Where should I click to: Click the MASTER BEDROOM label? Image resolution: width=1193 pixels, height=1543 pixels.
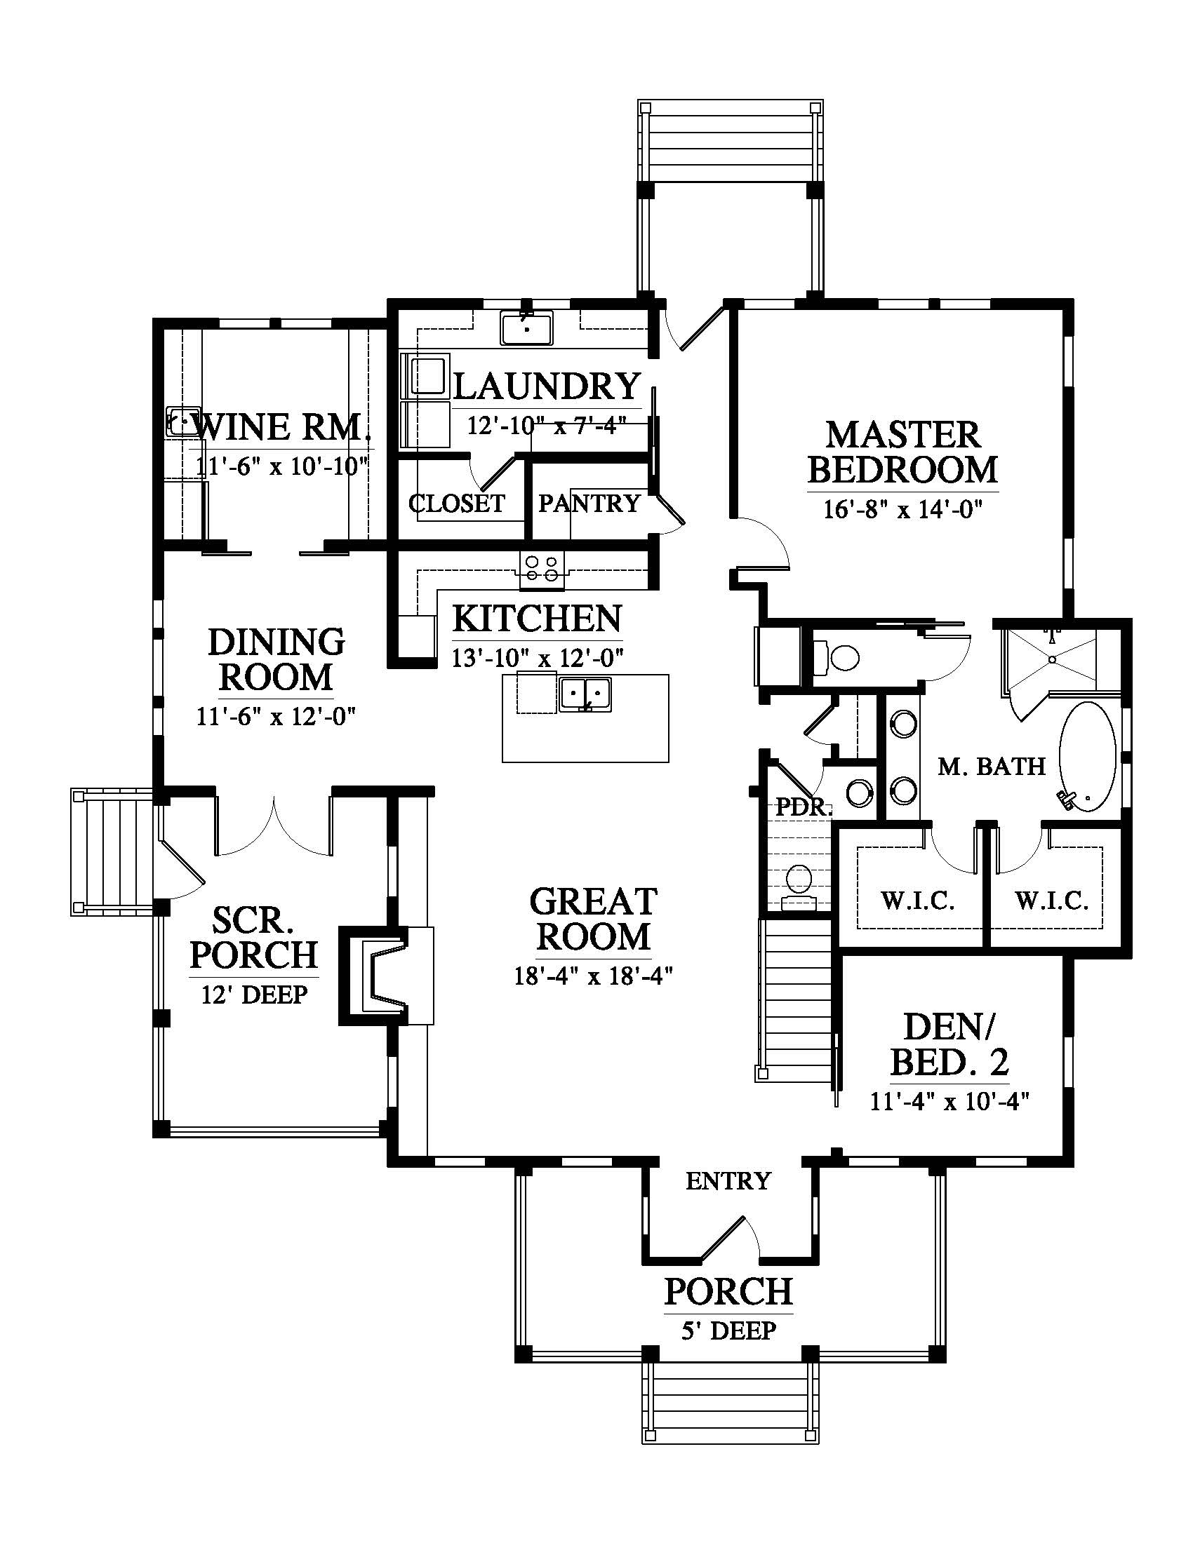(x=902, y=452)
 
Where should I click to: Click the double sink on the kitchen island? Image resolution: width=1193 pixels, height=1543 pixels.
(x=585, y=694)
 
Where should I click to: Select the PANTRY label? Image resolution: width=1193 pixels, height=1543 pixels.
(x=589, y=503)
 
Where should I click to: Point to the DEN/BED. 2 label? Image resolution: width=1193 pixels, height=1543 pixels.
(x=949, y=1044)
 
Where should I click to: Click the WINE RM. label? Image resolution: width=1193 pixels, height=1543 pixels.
(x=281, y=426)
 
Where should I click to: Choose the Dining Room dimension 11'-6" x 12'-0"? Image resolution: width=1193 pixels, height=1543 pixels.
(x=276, y=716)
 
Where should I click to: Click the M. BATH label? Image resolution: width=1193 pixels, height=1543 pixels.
(x=992, y=766)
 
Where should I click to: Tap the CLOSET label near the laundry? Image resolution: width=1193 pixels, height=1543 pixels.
(x=457, y=503)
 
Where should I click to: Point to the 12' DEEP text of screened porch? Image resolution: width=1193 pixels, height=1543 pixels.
(x=255, y=995)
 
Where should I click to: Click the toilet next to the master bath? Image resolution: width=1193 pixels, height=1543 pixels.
(x=836, y=657)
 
